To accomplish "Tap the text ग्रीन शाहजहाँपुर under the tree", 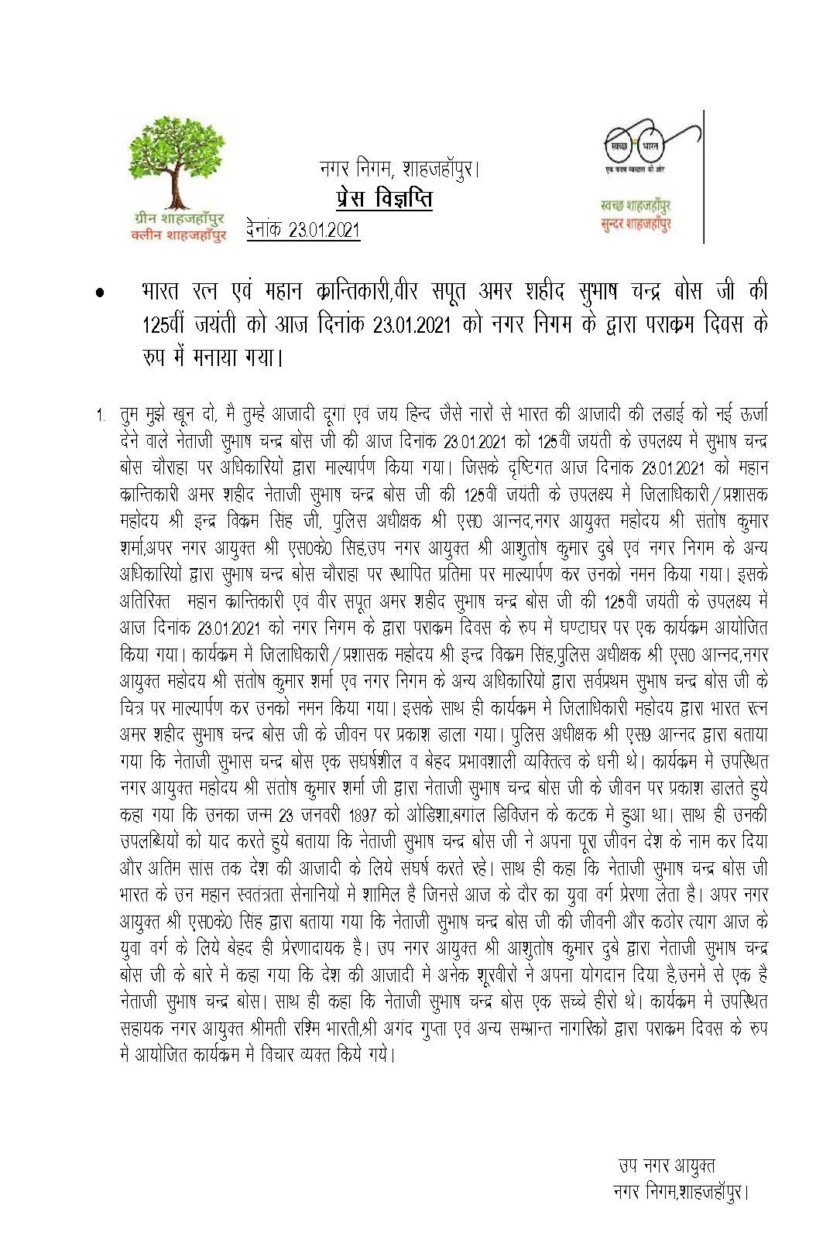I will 178,220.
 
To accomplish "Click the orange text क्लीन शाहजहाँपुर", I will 178,235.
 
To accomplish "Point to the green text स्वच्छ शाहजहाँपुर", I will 635,206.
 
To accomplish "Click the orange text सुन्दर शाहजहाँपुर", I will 635,224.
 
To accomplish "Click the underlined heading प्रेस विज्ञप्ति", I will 384,199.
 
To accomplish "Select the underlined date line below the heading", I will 303,230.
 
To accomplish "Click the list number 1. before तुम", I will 101,416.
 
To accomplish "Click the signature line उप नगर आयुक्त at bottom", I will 666,1166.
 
